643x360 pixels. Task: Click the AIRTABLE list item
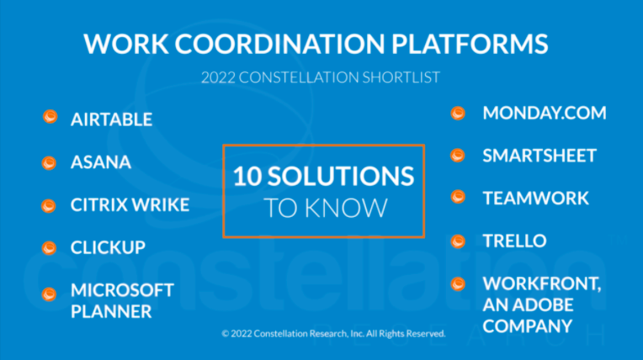click(x=111, y=119)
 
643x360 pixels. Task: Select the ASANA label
click(x=101, y=162)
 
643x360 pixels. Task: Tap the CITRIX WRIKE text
click(x=130, y=205)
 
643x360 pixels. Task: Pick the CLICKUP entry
click(x=108, y=248)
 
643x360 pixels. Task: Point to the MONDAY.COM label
click(x=544, y=113)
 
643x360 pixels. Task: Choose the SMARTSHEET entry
click(x=539, y=156)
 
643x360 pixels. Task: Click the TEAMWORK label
click(x=535, y=199)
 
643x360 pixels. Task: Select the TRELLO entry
click(x=514, y=241)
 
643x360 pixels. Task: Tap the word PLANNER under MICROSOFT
click(x=111, y=312)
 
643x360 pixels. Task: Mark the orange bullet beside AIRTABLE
click(x=50, y=118)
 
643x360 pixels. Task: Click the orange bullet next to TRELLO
click(x=458, y=241)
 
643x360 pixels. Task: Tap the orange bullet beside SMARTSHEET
click(x=458, y=156)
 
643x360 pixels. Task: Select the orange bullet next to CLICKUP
click(x=50, y=247)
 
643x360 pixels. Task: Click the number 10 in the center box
click(x=248, y=176)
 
